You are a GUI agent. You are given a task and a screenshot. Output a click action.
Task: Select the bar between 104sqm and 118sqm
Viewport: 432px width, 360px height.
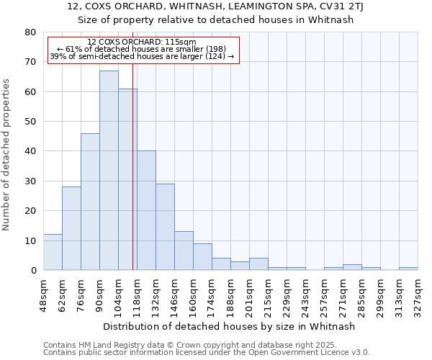[127, 179]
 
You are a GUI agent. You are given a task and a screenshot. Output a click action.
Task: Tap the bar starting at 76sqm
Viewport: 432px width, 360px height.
[90, 202]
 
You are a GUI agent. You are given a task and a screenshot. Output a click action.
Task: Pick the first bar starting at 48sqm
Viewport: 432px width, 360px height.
[53, 252]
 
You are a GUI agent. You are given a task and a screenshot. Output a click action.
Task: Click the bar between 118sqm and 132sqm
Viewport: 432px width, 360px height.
[146, 210]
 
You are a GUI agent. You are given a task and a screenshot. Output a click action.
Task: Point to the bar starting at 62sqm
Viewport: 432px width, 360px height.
[71, 228]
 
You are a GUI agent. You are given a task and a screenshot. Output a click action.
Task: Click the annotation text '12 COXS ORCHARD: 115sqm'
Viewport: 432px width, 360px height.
[141, 42]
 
